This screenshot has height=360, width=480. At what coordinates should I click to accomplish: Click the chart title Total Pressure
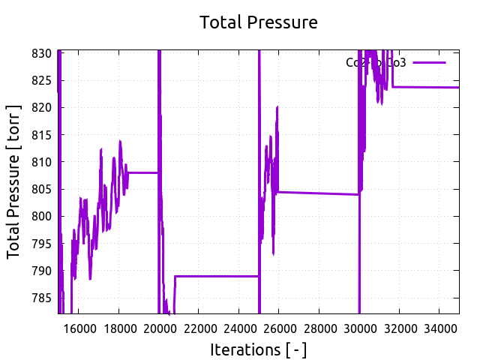pos(258,22)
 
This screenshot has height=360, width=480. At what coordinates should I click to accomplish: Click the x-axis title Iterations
pos(258,349)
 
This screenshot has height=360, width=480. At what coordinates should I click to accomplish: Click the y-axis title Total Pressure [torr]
pos(14,182)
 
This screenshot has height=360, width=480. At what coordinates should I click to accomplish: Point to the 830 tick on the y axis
pos(41,53)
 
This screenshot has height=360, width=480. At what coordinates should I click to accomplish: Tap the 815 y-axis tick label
pos(41,135)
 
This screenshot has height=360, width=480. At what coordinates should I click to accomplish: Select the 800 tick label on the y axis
pos(41,216)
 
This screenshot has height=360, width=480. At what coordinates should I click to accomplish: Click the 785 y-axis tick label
pos(41,298)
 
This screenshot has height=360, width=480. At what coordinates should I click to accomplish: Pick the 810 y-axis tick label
pos(41,162)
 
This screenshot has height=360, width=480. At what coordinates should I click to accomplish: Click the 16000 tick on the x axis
pos(79,328)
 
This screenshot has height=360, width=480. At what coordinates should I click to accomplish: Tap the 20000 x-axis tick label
pos(159,328)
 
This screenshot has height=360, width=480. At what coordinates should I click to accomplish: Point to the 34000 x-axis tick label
pos(439,328)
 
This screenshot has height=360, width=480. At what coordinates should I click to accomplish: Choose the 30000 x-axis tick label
pos(359,328)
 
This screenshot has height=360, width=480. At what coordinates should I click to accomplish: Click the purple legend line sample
pos(429,63)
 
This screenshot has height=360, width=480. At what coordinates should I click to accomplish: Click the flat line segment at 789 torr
pos(217,276)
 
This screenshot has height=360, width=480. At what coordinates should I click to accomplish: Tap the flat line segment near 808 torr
pos(142,172)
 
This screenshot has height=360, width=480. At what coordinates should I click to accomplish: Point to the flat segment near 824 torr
pos(427,87)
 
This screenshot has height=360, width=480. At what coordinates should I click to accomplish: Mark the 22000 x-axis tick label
pos(199,328)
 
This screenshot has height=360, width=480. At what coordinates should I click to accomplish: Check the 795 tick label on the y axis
pos(41,244)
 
